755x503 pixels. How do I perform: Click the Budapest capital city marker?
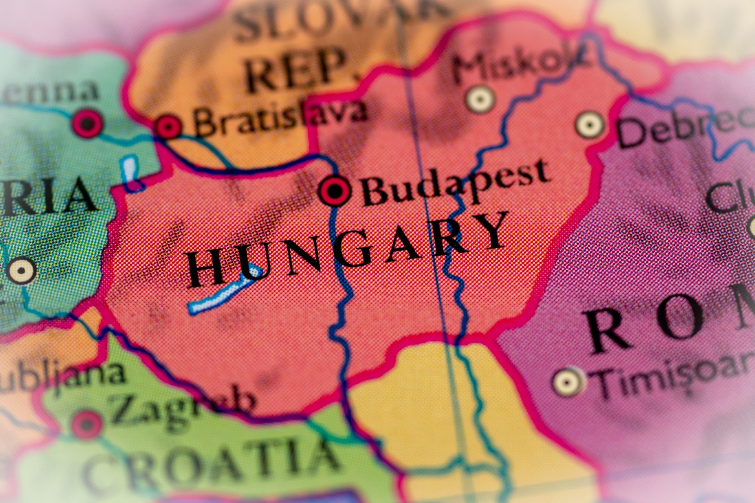tap(335, 191)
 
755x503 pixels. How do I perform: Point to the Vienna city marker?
tap(87, 124)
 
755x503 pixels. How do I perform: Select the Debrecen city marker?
tap(589, 125)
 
